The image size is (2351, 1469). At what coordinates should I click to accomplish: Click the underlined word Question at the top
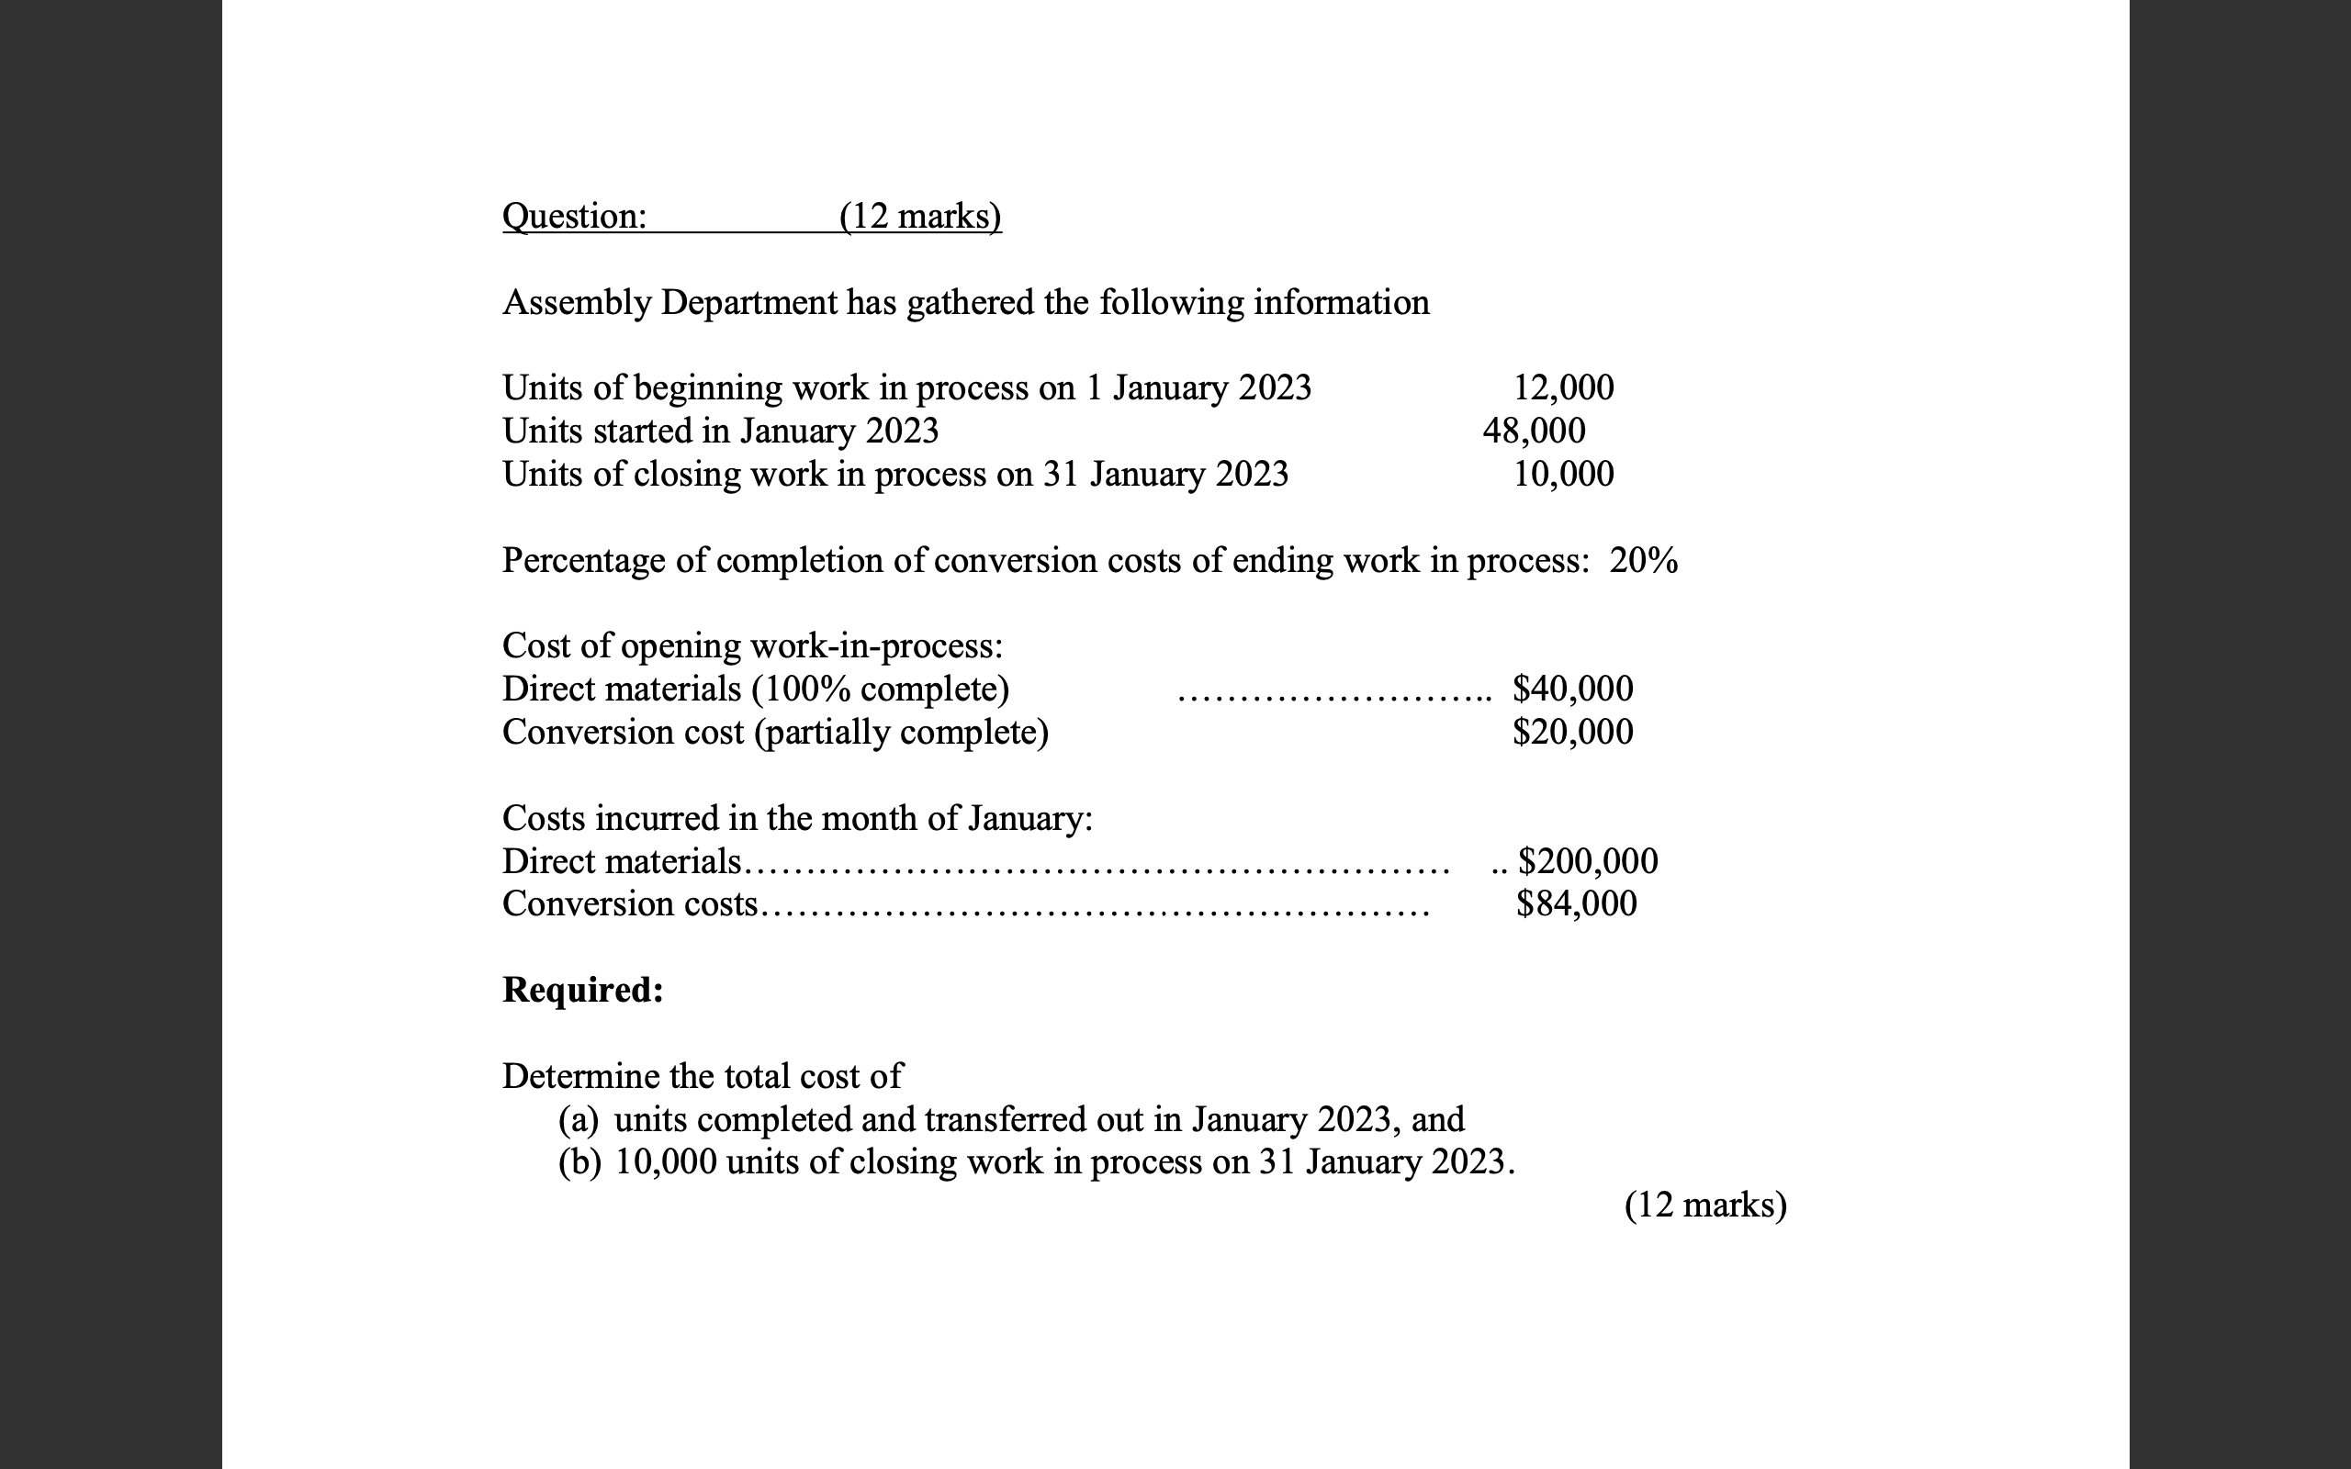pyautogui.click(x=573, y=216)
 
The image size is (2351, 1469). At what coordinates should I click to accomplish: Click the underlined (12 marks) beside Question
pyautogui.click(x=920, y=216)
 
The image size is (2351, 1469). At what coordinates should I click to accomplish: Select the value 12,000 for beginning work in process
pyautogui.click(x=1563, y=387)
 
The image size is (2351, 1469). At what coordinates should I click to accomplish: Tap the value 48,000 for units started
pyautogui.click(x=1534, y=431)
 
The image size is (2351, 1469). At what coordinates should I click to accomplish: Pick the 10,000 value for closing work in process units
pyautogui.click(x=1563, y=474)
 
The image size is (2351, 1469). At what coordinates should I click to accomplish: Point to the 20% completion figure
pyautogui.click(x=1643, y=561)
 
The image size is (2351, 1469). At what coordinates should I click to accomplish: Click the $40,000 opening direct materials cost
pyautogui.click(x=1573, y=689)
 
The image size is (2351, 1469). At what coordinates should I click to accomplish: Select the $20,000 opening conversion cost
pyautogui.click(x=1573, y=732)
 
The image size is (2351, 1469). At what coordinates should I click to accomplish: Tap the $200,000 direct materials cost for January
pyautogui.click(x=1588, y=861)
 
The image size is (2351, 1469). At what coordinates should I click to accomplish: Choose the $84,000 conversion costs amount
pyautogui.click(x=1577, y=904)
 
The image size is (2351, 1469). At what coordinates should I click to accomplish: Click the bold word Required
pyautogui.click(x=583, y=990)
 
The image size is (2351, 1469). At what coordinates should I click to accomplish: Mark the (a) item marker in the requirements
pyautogui.click(x=579, y=1120)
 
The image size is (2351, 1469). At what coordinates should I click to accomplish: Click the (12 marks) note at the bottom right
pyautogui.click(x=1705, y=1205)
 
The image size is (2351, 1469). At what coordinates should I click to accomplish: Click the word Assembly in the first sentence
pyautogui.click(x=577, y=303)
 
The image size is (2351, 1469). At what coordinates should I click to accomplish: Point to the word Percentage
pyautogui.click(x=584, y=561)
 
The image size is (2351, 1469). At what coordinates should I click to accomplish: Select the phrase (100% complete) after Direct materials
pyautogui.click(x=880, y=689)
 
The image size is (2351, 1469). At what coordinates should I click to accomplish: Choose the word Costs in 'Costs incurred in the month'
pyautogui.click(x=544, y=818)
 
